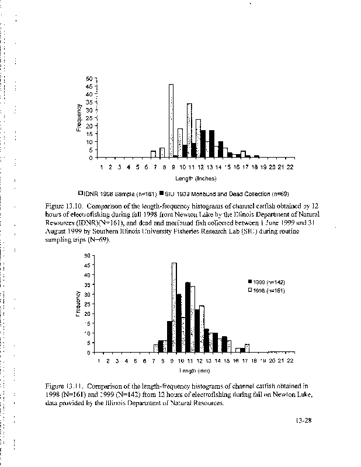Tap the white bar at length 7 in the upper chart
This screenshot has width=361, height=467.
point(153,154)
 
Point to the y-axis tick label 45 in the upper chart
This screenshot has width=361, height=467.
point(89,86)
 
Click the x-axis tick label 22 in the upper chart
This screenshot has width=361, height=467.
point(290,166)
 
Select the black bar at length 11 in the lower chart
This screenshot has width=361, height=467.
point(188,317)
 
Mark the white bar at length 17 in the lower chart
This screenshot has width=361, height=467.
point(247,348)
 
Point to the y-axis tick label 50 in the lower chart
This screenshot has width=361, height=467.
point(87,255)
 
